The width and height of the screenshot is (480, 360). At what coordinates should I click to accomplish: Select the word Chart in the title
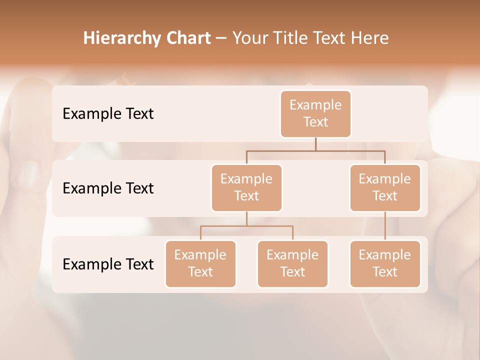pos(188,38)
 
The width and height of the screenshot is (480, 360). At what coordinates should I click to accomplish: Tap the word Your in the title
pos(250,38)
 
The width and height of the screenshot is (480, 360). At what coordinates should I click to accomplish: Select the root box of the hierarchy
pos(315,113)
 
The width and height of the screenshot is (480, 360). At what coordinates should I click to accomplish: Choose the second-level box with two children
pos(246,187)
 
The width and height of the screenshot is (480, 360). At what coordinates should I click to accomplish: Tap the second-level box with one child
pos(385,187)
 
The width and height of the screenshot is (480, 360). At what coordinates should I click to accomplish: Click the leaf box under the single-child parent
pos(385,263)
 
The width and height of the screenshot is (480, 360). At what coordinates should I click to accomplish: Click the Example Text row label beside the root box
pos(108,113)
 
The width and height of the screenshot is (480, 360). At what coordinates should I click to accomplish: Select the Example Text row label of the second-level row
pos(108,188)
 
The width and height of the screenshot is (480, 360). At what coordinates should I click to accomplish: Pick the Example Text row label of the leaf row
pos(108,264)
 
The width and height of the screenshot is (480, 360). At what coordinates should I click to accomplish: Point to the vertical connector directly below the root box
pos(315,144)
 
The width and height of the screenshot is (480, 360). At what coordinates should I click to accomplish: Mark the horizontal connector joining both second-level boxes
pos(315,150)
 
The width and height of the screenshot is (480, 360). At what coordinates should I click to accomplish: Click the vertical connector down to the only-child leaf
pos(385,226)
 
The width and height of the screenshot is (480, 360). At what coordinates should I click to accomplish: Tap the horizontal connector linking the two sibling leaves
pos(246,226)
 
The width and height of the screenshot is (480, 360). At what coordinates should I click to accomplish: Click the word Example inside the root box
pos(315,105)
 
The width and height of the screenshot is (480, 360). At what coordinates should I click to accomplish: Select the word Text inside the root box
pos(315,122)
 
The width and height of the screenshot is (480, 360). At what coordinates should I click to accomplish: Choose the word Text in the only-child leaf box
pos(385,272)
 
